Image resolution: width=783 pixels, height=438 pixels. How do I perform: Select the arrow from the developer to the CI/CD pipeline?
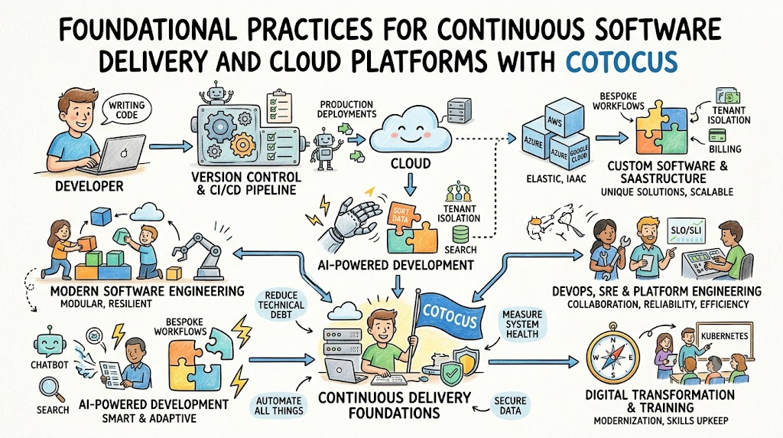point(171,146)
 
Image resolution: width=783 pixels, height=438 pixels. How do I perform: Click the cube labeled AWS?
point(564,118)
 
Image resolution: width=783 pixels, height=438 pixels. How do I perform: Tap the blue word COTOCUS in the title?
point(621,61)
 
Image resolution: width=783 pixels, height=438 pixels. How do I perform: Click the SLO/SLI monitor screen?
point(686,230)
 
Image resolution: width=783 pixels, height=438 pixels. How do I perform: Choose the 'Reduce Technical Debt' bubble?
point(281,305)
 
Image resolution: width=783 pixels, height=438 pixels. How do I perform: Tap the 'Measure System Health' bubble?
point(521,325)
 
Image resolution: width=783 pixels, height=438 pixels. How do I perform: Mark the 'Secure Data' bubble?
point(510,406)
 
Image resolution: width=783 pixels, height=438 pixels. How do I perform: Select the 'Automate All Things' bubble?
point(279,406)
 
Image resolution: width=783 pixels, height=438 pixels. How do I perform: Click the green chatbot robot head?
point(50,342)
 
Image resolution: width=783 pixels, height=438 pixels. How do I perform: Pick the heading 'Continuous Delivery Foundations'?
point(395,405)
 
